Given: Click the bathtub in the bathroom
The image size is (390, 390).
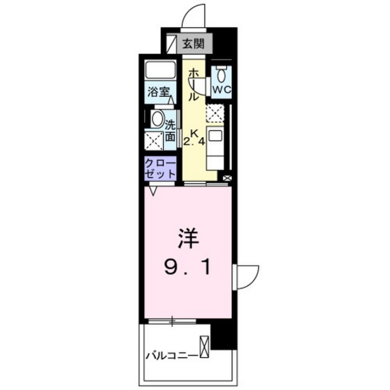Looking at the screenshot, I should click(x=160, y=70).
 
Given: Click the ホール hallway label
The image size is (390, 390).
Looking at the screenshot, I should click(x=193, y=85).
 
